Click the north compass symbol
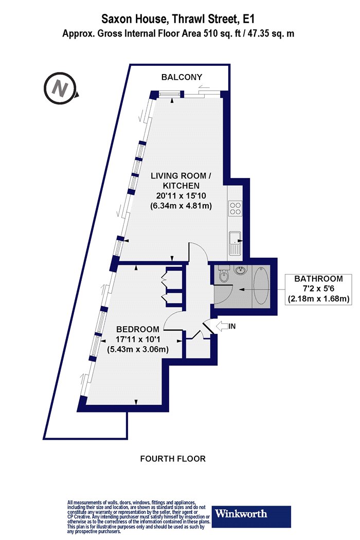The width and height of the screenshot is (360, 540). click(60, 88)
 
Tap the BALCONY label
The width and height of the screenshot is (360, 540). click(182, 77)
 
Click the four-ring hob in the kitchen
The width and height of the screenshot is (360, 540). click(236, 208)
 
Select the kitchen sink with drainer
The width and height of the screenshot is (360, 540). click(236, 243)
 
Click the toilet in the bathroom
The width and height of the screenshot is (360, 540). click(224, 274)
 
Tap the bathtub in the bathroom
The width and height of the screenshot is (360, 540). click(261, 285)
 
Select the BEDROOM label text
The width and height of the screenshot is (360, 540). click(138, 329)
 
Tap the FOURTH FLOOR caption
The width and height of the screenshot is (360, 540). click(173, 459)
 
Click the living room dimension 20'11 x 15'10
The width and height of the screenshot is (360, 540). click(181, 196)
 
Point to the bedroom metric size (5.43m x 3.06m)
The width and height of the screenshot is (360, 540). click(138, 350)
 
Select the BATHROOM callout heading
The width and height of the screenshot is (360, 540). click(319, 279)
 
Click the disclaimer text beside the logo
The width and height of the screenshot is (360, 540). click(138, 517)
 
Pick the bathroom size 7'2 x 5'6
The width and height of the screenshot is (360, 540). click(319, 288)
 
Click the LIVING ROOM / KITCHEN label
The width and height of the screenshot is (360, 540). click(181, 181)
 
